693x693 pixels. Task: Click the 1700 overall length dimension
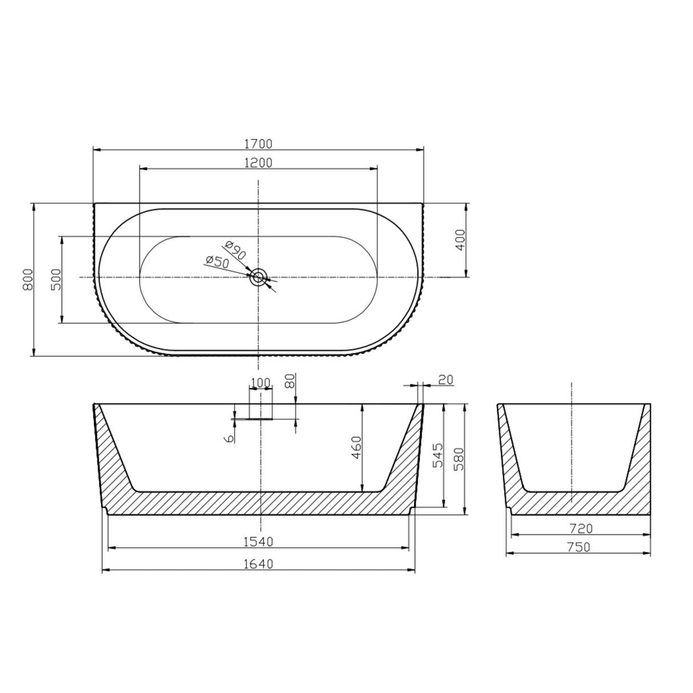(258, 144)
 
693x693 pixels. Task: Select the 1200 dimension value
(258, 163)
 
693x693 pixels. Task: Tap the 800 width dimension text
(28, 280)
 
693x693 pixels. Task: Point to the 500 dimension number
(57, 280)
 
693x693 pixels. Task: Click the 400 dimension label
(460, 240)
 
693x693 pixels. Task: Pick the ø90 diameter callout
(235, 250)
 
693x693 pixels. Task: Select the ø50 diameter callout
(217, 261)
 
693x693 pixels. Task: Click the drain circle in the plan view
(258, 277)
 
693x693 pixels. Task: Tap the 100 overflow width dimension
(261, 382)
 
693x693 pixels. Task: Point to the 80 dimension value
(290, 381)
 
